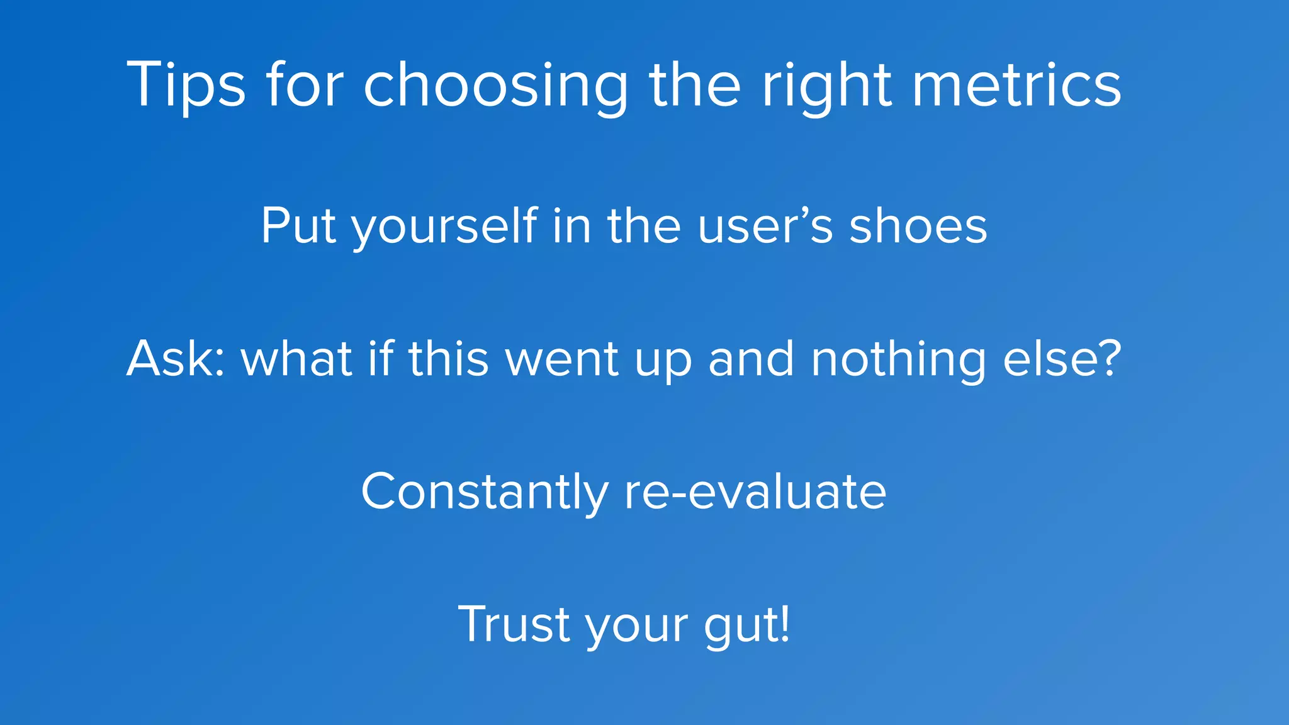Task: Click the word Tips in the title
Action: [x=186, y=85]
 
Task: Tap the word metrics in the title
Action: [x=1016, y=85]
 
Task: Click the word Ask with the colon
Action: [x=176, y=359]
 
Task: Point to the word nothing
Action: [x=898, y=360]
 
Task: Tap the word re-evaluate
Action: [x=755, y=492]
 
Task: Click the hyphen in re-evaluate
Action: [x=678, y=495]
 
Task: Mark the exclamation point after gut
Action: [x=784, y=623]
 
